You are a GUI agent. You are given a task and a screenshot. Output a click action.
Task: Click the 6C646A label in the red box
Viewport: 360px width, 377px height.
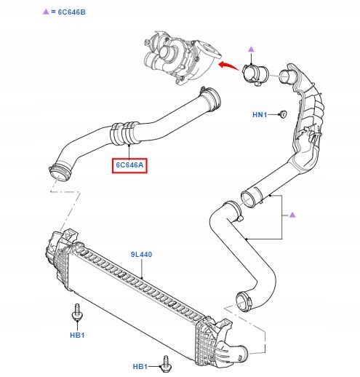(129, 166)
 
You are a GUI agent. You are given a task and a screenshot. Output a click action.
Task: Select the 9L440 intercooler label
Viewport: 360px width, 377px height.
(142, 255)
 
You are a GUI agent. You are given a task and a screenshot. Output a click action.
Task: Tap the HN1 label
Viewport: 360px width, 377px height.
(260, 115)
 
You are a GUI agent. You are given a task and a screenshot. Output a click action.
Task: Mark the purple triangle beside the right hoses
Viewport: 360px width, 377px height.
(292, 214)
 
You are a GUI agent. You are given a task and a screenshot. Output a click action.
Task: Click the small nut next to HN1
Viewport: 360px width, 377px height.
(282, 114)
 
